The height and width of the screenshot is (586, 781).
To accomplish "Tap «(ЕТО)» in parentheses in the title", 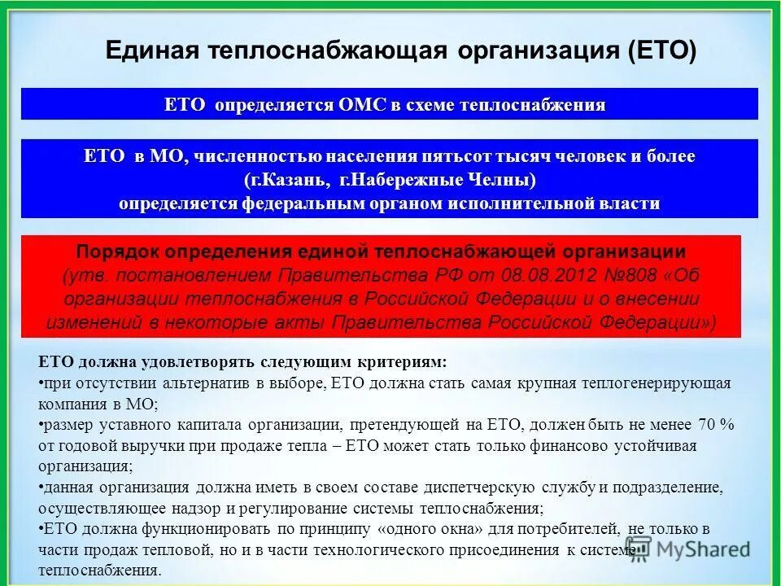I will click(x=662, y=51).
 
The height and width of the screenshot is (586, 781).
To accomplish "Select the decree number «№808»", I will click(x=612, y=274).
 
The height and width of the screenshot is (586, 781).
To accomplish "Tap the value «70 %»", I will click(x=716, y=424).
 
